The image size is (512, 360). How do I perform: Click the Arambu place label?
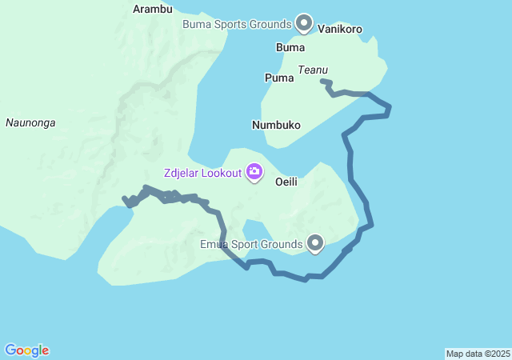[x=152, y=9]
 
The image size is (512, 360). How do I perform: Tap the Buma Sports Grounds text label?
[x=236, y=24]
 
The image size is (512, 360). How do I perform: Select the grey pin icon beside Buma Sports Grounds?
[x=304, y=23]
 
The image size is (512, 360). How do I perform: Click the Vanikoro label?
[x=340, y=30]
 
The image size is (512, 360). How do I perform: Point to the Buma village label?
[x=290, y=47]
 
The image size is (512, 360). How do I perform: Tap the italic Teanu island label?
[x=313, y=70]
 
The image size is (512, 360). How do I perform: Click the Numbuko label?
[x=276, y=126]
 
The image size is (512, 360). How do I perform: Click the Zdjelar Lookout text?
[x=202, y=172]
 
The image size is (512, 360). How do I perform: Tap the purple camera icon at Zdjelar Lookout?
[x=254, y=171]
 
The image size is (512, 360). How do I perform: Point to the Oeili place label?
[x=286, y=182]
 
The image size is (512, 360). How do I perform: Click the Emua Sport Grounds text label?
[x=251, y=243]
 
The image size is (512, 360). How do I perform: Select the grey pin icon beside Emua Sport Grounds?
[x=316, y=243]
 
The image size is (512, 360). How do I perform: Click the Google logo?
[x=27, y=350]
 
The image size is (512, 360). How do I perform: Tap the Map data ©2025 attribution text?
[x=478, y=354]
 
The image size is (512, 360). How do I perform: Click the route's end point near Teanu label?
[x=322, y=81]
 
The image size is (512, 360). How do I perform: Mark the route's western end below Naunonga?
[x=124, y=198]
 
